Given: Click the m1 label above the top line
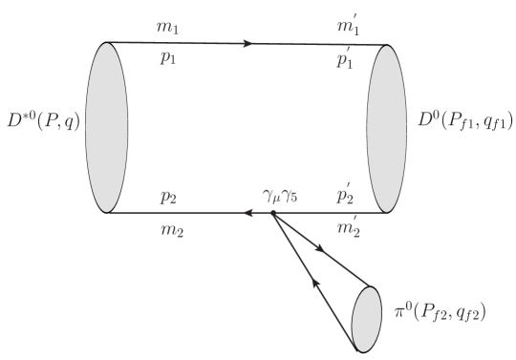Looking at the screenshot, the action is (x=168, y=27).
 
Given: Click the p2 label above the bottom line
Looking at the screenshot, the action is (x=168, y=197).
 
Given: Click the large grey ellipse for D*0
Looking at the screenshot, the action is (x=106, y=128).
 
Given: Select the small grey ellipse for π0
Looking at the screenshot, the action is (x=369, y=316).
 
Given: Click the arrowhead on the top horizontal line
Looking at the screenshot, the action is (x=250, y=43).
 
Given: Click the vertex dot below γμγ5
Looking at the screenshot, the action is (x=272, y=213).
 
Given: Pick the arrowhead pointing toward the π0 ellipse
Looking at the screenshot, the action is (x=320, y=248).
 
